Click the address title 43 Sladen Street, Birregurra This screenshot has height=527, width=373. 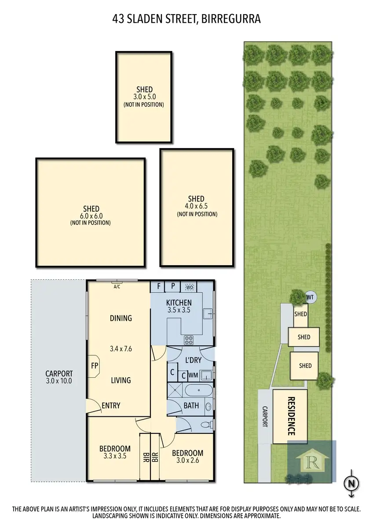point(186,19)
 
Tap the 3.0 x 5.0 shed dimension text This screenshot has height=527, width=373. point(144,97)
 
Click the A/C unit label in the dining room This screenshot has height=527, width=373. point(117,287)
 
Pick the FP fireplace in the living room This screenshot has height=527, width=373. point(94,365)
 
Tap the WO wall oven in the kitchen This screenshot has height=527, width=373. point(190,287)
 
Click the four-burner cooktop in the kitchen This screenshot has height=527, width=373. point(189,339)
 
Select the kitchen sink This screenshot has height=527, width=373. point(207,314)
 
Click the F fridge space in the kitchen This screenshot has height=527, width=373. point(158,286)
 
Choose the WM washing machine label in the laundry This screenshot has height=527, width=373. point(193,375)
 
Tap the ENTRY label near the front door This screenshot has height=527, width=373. point(111,405)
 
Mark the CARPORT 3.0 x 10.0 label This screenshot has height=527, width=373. point(59,377)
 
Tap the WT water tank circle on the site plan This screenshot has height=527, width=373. point(310,297)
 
